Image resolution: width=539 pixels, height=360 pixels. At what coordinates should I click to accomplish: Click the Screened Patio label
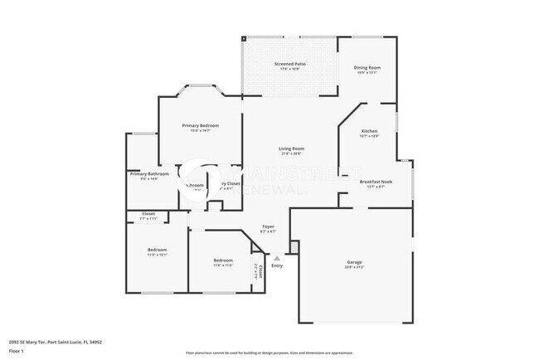288,64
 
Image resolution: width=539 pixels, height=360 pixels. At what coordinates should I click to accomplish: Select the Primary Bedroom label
201,125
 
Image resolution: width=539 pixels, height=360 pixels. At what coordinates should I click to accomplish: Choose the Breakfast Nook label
374,181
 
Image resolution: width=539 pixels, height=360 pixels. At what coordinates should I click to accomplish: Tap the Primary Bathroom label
149,173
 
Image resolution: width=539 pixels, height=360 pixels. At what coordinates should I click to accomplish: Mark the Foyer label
268,226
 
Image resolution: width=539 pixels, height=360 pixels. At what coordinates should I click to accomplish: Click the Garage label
354,263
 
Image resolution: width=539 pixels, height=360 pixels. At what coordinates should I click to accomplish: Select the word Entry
277,265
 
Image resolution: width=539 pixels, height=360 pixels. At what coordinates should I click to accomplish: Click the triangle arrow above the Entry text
277,258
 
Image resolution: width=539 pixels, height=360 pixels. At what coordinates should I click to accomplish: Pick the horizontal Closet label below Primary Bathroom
148,214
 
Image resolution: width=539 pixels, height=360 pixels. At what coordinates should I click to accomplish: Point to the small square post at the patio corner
244,38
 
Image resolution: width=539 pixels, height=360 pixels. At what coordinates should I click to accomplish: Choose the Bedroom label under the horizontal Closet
158,250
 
